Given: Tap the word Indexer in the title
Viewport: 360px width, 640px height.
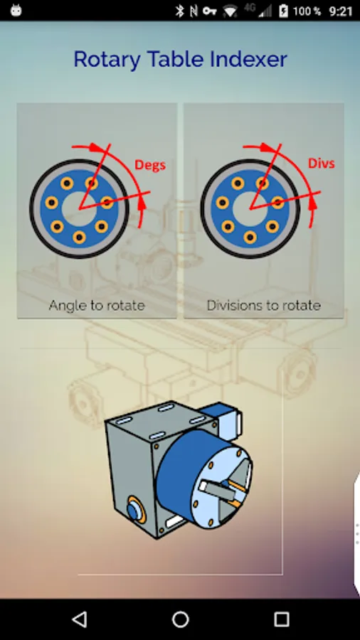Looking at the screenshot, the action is click(x=248, y=59).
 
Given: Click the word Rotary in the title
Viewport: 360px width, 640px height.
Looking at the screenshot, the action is click(x=107, y=60).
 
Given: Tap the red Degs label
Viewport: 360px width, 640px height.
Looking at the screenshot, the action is click(x=150, y=165).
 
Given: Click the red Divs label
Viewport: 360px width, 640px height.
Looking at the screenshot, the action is click(x=321, y=164).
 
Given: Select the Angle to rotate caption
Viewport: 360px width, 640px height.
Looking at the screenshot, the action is click(x=97, y=305).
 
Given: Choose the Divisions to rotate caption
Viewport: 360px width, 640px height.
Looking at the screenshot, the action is click(x=264, y=305).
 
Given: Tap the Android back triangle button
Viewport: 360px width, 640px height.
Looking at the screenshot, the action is click(x=80, y=619).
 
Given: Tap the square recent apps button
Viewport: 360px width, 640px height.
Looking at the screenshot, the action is click(x=281, y=619).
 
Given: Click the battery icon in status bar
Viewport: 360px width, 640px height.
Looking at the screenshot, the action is click(x=283, y=11).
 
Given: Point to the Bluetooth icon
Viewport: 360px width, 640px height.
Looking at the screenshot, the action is click(x=179, y=11).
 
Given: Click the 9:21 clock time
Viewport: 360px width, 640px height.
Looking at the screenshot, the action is click(x=340, y=11).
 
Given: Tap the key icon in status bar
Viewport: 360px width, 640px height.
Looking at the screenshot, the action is click(x=209, y=11).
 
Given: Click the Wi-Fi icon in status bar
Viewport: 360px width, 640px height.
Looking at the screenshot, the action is click(x=231, y=11).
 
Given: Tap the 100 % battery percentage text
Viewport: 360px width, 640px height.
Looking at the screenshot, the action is click(x=307, y=11).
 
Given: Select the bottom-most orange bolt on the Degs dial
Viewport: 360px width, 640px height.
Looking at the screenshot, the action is click(x=79, y=237).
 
